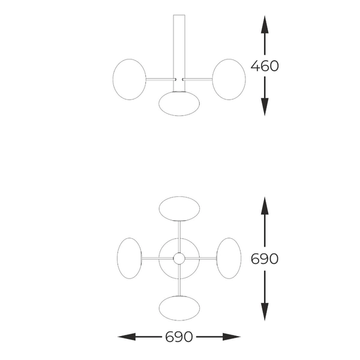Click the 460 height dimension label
pyautogui.click(x=265, y=66)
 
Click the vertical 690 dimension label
pyautogui.click(x=265, y=259)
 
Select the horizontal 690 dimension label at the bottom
pyautogui.click(x=179, y=337)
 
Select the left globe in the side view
pyautogui.click(x=130, y=79)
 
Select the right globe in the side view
pyautogui.click(x=229, y=79)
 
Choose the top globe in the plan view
pyautogui.click(x=179, y=209)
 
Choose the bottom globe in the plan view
pyautogui.click(x=179, y=308)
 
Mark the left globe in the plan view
pyautogui.click(x=130, y=258)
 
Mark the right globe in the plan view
pyautogui.click(x=229, y=258)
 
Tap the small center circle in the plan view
pyautogui.click(x=179, y=259)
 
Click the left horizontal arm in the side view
pyautogui.click(x=159, y=79)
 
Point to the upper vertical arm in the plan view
pyautogui.click(x=179, y=231)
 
